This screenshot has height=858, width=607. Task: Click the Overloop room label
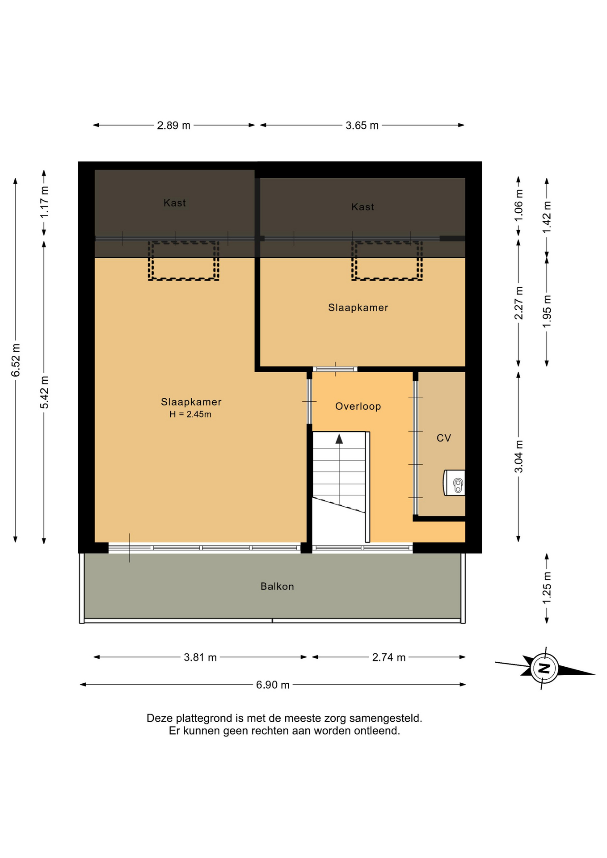[358, 406]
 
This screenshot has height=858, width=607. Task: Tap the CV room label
[444, 438]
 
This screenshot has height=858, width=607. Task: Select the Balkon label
[277, 586]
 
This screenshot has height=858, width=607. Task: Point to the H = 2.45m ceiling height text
[190, 414]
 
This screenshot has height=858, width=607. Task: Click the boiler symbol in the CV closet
[454, 483]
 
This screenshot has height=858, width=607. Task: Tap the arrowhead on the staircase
[339, 439]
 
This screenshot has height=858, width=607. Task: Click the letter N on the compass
[544, 669]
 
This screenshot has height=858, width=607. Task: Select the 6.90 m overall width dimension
[273, 685]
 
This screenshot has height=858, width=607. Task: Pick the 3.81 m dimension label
[200, 657]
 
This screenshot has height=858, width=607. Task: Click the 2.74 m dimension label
[389, 657]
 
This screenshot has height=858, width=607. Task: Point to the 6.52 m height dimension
[16, 360]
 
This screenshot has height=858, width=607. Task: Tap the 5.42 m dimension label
[44, 392]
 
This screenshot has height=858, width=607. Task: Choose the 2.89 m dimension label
[173, 126]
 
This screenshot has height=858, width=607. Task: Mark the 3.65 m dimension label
[362, 126]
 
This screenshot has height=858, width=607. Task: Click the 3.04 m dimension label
[518, 456]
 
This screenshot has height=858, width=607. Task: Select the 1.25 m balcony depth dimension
[547, 588]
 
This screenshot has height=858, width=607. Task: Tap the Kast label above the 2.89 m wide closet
[174, 203]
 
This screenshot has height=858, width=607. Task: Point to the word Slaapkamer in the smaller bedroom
[358, 307]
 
